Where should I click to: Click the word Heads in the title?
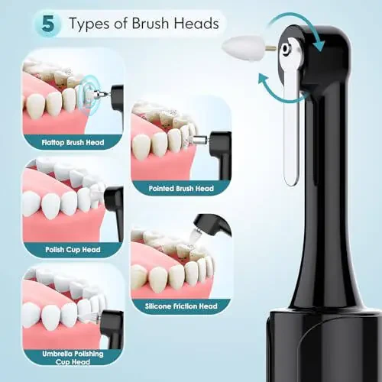(x=196, y=24)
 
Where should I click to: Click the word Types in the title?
(x=96, y=24)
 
